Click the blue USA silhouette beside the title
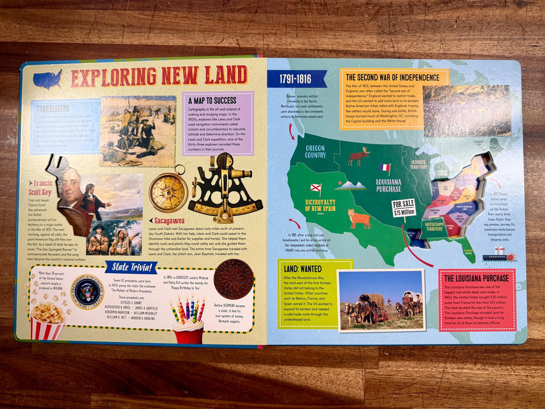click(48, 78)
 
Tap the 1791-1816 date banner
click(295, 79)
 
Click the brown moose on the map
click(359, 156)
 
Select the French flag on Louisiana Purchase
click(385, 168)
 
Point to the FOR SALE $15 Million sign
click(404, 208)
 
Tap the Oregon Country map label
click(315, 151)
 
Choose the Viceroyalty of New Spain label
click(320, 206)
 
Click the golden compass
click(168, 191)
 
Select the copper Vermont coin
click(233, 279)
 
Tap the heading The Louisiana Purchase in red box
click(476, 278)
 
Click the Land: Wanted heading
click(302, 269)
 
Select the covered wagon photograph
click(381, 300)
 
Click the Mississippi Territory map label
click(434, 226)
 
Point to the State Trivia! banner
click(132, 268)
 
